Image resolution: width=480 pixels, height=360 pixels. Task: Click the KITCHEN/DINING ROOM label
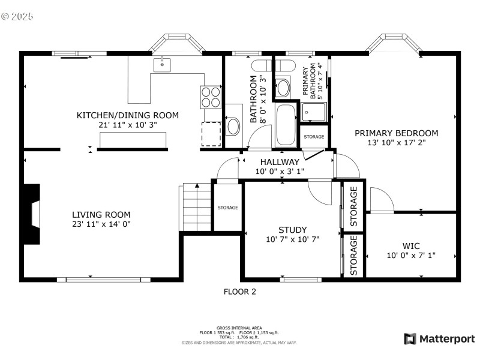(x=127, y=115)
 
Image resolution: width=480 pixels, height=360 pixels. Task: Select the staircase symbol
(x=196, y=207)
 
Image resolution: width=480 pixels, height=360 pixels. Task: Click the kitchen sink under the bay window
(x=162, y=64)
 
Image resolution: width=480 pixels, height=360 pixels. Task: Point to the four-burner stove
(x=211, y=97)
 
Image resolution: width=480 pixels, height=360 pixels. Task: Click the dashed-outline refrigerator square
(x=211, y=134)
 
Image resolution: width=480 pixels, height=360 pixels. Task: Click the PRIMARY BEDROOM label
(x=396, y=133)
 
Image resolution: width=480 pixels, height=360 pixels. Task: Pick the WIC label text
(x=411, y=246)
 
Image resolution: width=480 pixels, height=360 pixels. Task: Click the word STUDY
(x=292, y=230)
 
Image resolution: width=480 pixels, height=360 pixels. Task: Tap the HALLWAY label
(x=279, y=162)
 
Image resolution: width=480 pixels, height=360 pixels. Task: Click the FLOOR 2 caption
(x=239, y=292)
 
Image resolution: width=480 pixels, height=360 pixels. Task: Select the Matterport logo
(x=439, y=339)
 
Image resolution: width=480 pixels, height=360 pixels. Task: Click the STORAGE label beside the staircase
(x=227, y=208)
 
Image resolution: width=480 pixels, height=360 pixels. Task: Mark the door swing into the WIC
(x=380, y=200)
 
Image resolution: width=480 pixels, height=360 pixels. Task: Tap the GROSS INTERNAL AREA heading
(x=239, y=328)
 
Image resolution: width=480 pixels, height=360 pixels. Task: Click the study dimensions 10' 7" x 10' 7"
(x=292, y=239)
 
